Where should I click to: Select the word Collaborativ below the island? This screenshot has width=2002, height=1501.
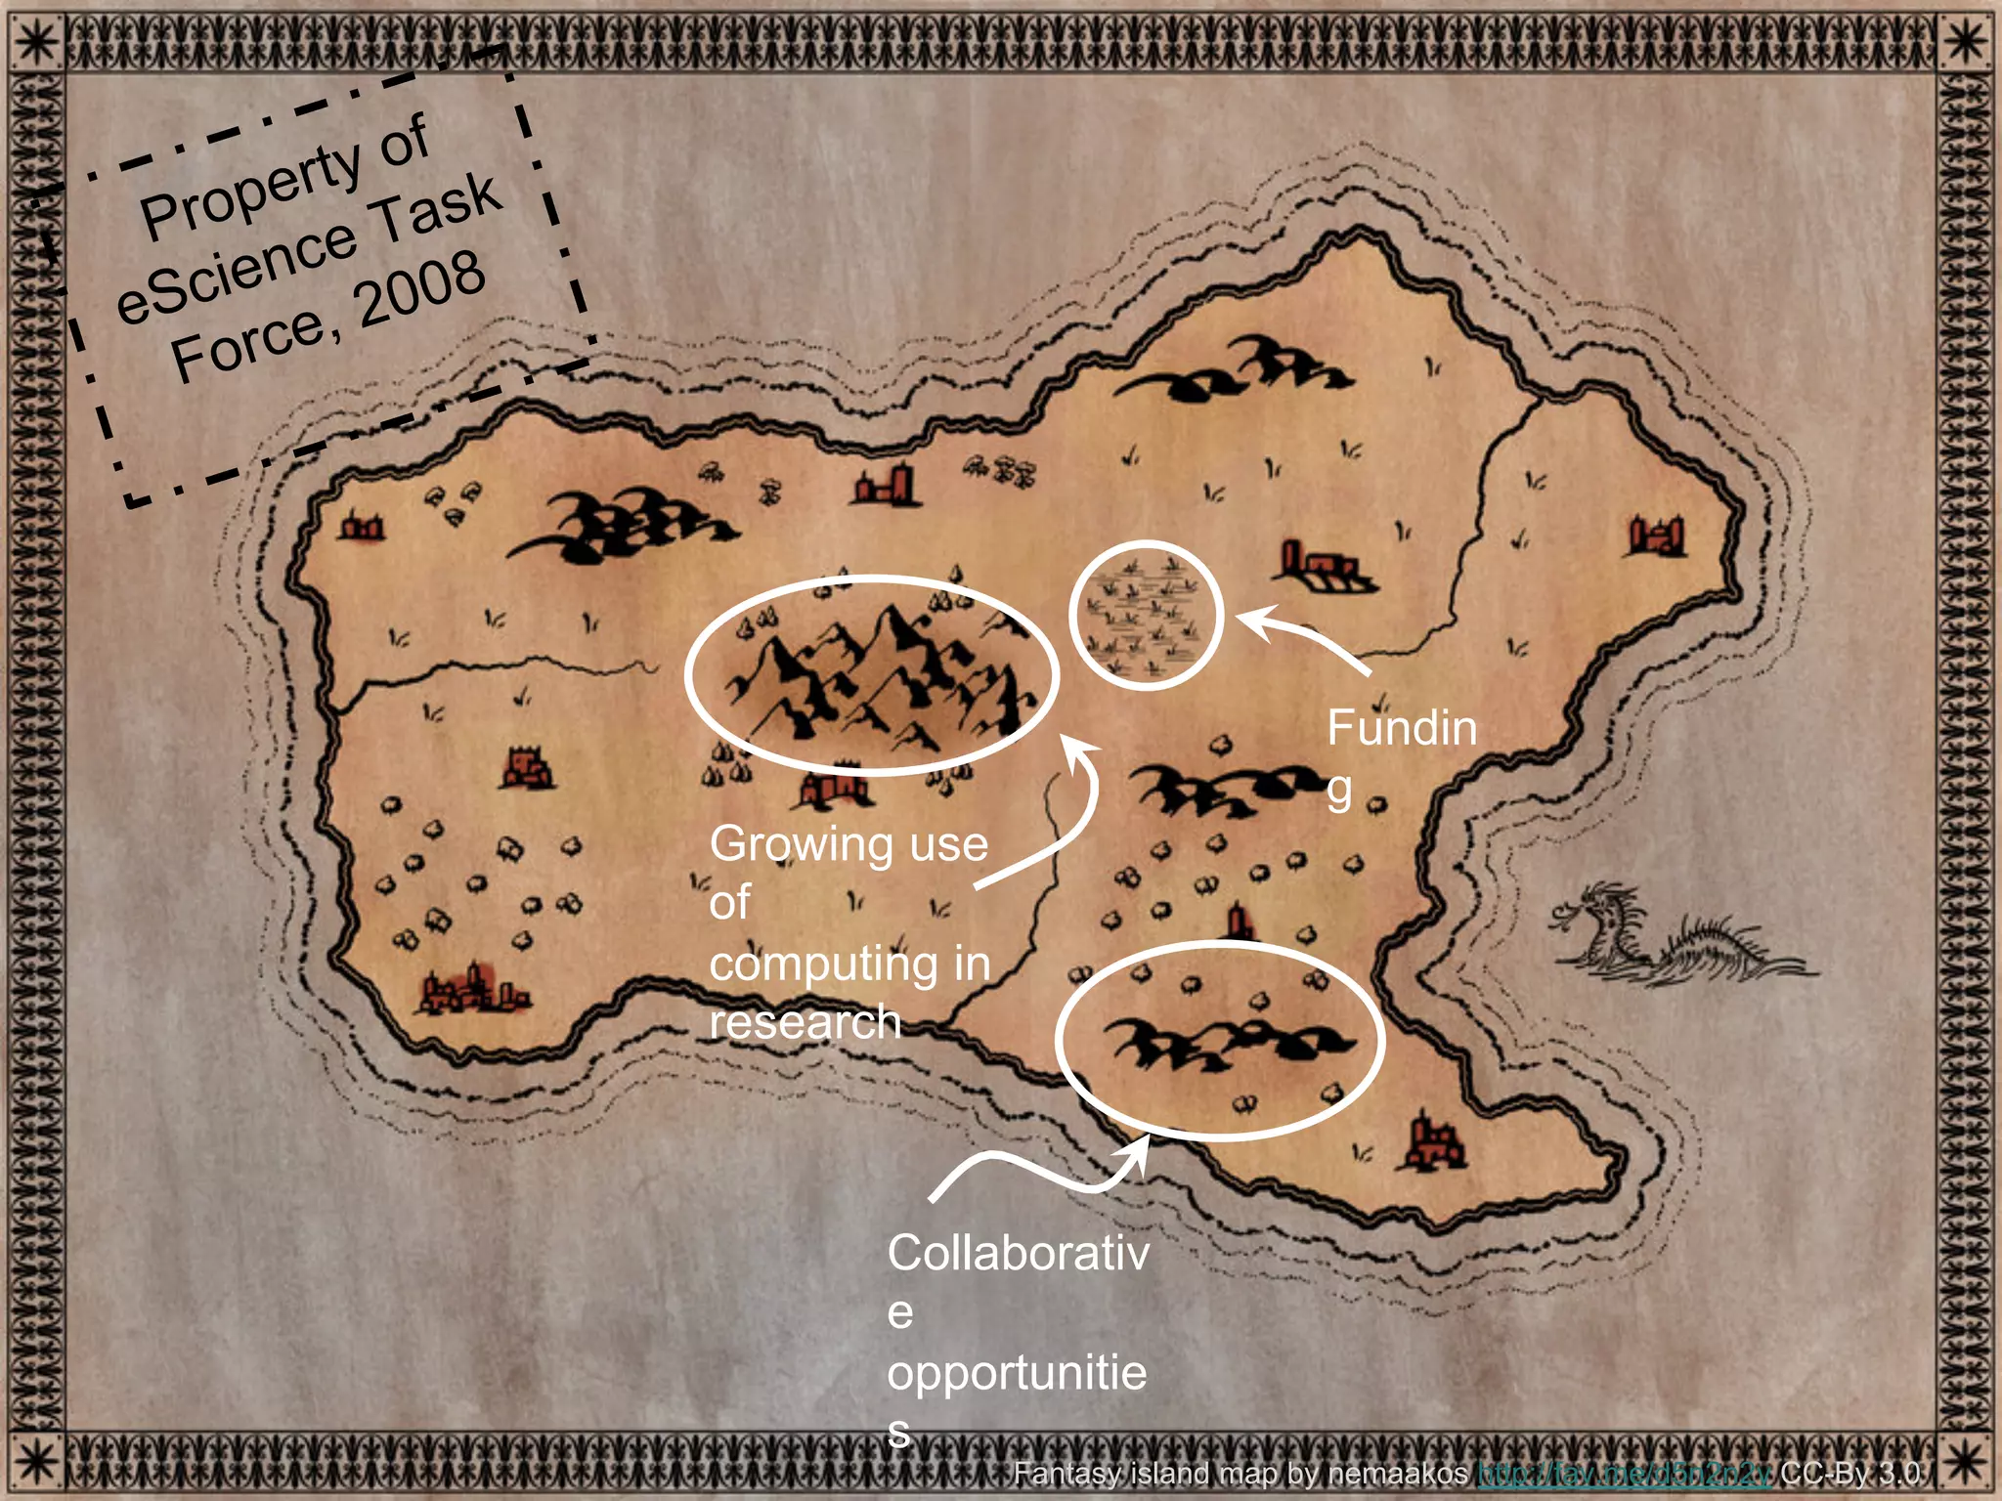point(1018,1254)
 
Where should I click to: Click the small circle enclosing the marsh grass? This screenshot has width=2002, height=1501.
point(1146,616)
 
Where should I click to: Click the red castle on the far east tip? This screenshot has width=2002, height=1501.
point(1656,536)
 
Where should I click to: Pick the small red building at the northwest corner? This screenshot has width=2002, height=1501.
point(361,527)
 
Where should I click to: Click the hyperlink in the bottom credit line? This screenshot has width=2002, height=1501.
point(1623,1473)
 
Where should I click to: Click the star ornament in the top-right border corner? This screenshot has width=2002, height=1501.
point(1966,41)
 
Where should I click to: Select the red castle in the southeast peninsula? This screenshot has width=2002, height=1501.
point(1433,1143)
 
